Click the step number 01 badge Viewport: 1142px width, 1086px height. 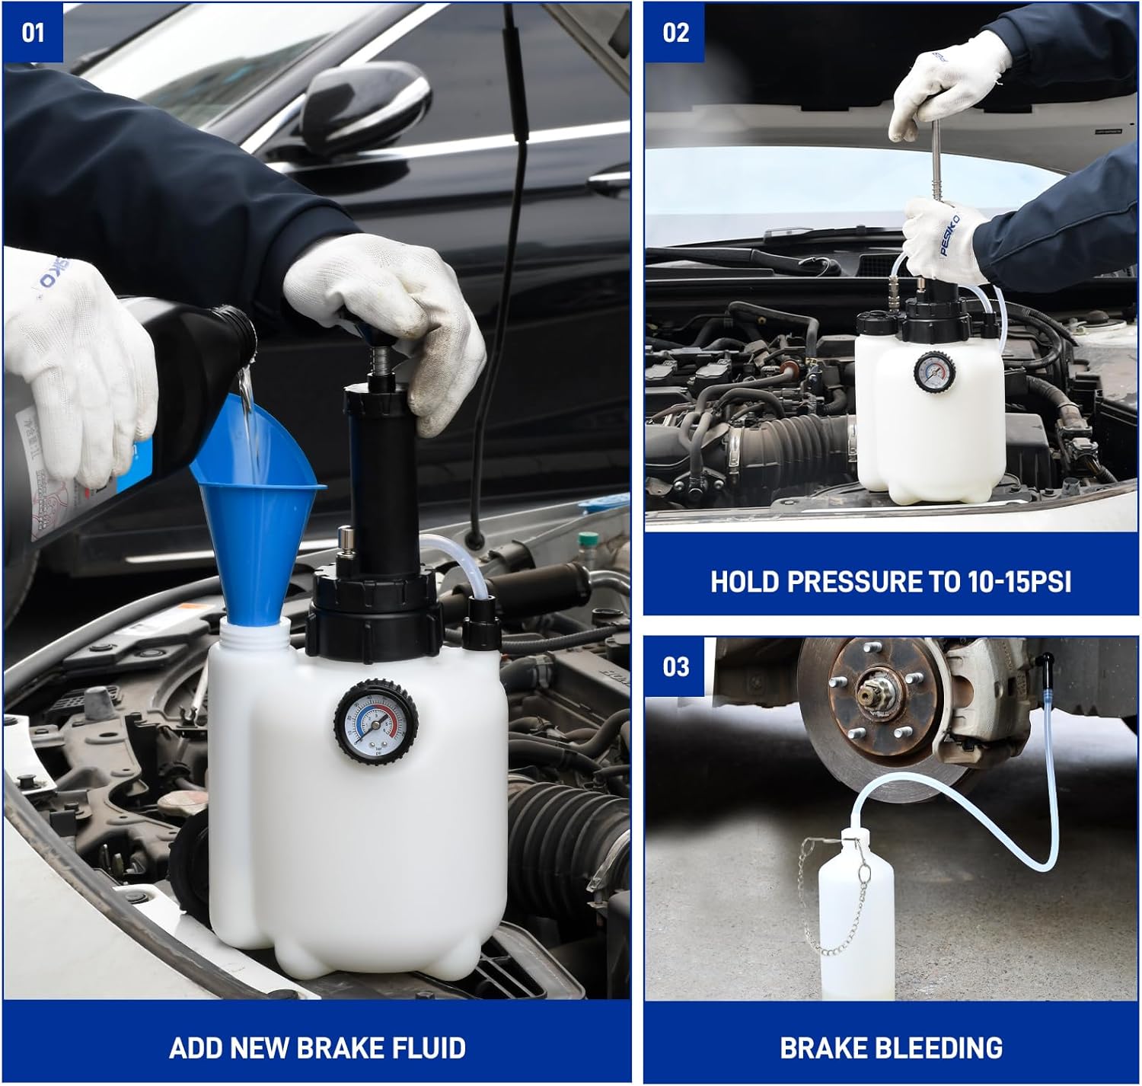tap(33, 33)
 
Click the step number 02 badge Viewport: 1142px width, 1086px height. tap(675, 33)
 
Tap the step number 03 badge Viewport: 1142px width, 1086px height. tap(675, 667)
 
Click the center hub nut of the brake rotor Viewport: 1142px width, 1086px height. tap(868, 695)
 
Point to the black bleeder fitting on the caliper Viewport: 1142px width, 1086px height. tap(1047, 661)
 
